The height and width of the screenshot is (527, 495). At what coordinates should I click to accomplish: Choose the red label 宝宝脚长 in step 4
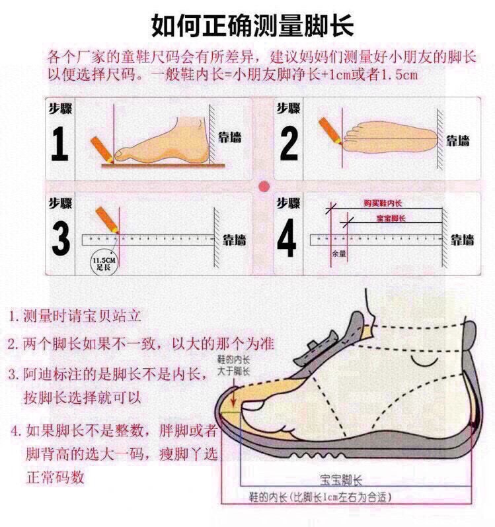[391, 218]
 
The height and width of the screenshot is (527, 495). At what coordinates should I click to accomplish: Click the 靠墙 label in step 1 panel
[231, 138]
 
